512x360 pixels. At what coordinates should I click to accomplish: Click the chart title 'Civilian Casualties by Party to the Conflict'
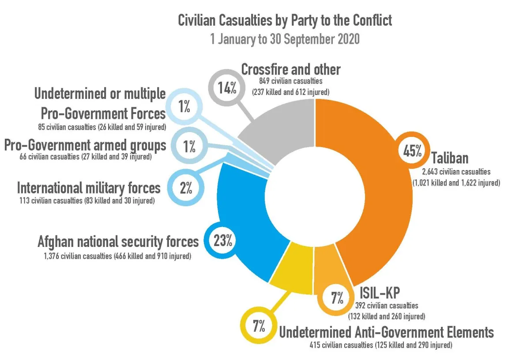[285, 20]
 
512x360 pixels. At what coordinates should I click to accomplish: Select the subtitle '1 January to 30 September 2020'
[285, 39]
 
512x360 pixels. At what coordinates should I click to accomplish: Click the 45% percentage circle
[412, 151]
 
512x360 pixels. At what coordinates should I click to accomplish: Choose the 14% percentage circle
[227, 87]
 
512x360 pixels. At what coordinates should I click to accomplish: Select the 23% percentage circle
[223, 241]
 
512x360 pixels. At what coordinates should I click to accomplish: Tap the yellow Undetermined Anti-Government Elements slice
[292, 268]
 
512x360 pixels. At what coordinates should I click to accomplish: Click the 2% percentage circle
[186, 188]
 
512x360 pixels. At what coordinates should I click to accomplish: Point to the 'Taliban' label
[450, 158]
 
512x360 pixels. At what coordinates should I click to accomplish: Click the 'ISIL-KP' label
[380, 292]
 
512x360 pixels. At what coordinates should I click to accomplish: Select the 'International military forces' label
[89, 188]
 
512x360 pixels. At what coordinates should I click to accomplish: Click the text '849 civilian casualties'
[291, 81]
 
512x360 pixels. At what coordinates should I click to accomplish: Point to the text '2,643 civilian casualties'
[456, 172]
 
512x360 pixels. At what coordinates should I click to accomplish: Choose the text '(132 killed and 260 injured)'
[387, 316]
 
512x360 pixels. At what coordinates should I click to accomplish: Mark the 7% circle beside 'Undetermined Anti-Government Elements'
[259, 326]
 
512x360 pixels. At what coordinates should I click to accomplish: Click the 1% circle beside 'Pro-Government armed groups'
[189, 146]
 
